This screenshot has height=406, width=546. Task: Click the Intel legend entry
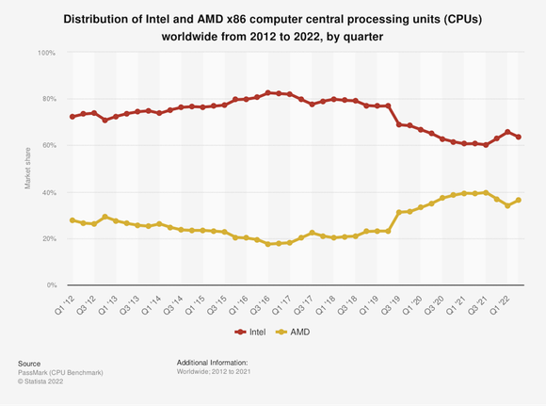pos(252,333)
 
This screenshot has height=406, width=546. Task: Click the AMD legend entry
pos(293,333)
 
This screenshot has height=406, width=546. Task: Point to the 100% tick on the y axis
pos(46,53)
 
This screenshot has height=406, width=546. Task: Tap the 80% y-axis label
pos(48,99)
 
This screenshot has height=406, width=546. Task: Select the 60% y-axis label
pos(48,146)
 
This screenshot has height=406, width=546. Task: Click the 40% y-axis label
pos(48,192)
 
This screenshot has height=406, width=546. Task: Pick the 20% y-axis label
pos(48,238)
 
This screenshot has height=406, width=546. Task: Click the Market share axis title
pos(28,169)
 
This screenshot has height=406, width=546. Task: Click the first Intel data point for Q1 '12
pos(72,117)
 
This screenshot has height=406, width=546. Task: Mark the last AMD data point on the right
pos(519,200)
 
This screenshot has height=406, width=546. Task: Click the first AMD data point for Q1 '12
pos(72,220)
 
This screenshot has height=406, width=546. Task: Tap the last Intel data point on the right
pos(519,138)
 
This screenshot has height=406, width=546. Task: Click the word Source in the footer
pos(30,362)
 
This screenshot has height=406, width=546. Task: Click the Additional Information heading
pos(212,362)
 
